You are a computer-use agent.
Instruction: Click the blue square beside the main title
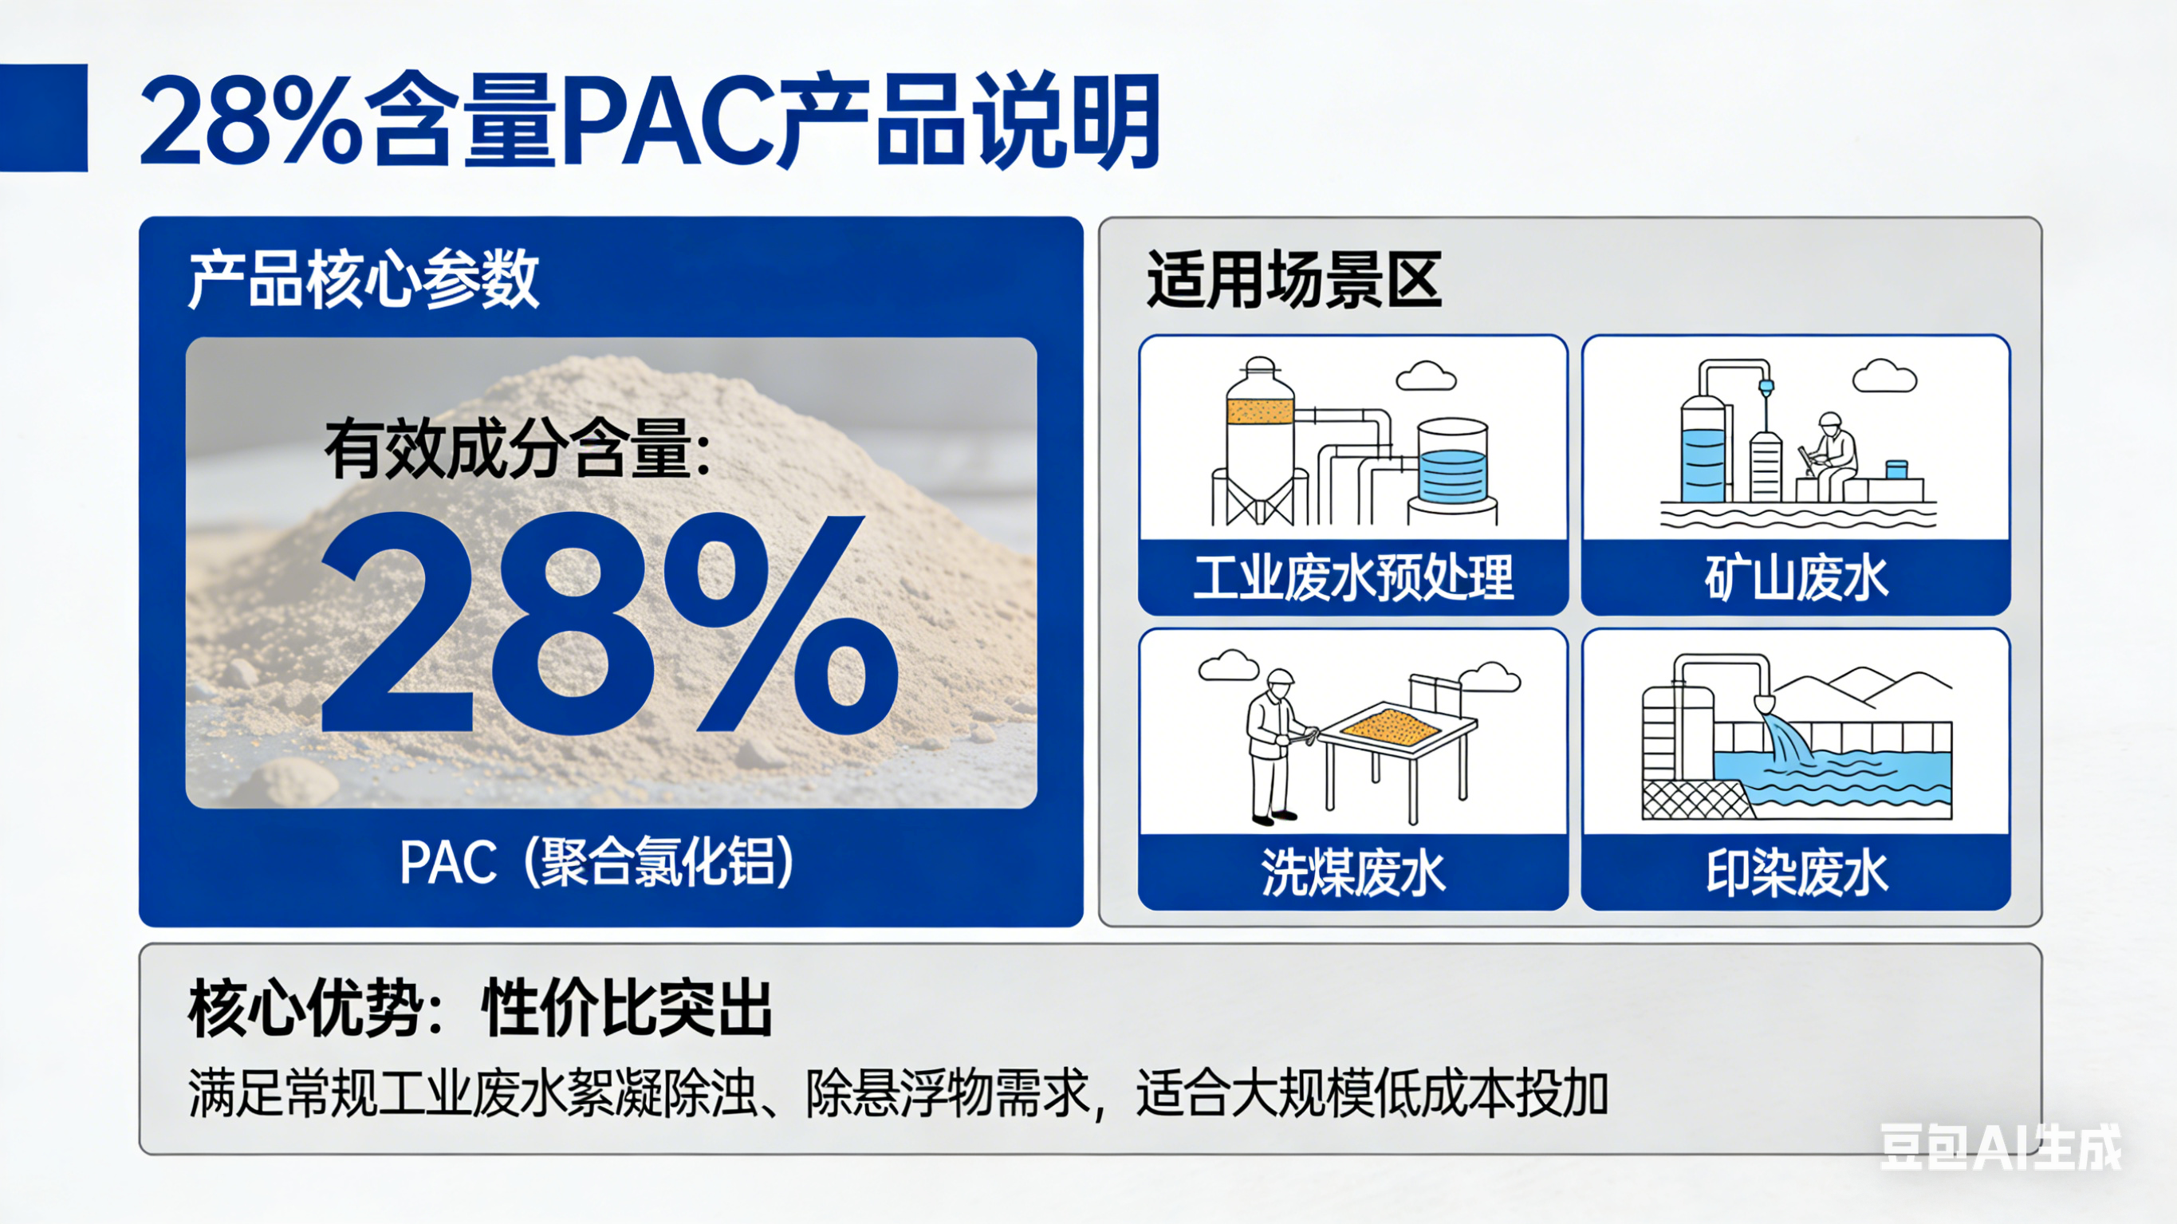tap(43, 117)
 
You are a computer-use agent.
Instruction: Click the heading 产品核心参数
tap(364, 279)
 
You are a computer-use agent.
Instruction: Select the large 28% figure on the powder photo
tap(608, 623)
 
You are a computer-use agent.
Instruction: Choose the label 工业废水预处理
tap(1353, 578)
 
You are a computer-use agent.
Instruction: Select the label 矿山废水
tap(1796, 578)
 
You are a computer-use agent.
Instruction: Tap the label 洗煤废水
tap(1353, 872)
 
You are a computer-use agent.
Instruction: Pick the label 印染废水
tap(1796, 872)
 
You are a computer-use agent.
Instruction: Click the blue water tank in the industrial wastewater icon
tap(1452, 474)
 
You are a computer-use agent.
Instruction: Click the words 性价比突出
tap(627, 1009)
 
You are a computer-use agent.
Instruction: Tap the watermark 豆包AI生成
tap(2001, 1147)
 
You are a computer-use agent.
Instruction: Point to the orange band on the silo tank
tap(1260, 411)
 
